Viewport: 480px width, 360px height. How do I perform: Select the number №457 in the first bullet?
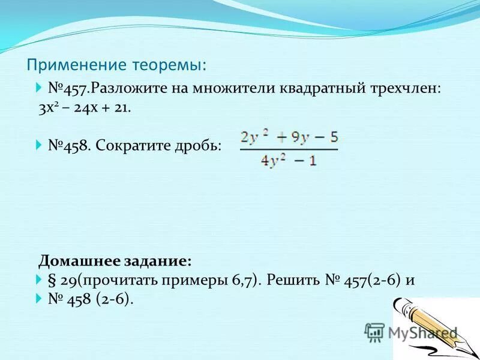68,88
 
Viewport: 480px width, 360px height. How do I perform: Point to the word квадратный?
320,88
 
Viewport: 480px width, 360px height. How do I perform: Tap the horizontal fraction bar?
289,149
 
